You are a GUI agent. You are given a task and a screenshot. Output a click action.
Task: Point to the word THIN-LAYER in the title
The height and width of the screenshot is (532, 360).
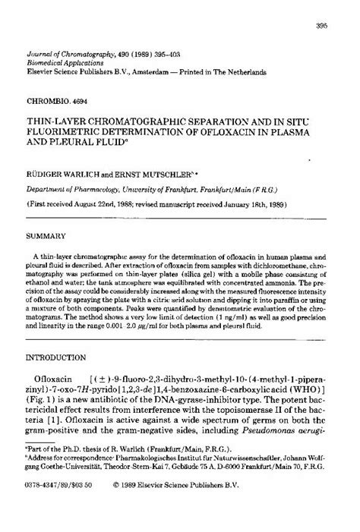[58, 120]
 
